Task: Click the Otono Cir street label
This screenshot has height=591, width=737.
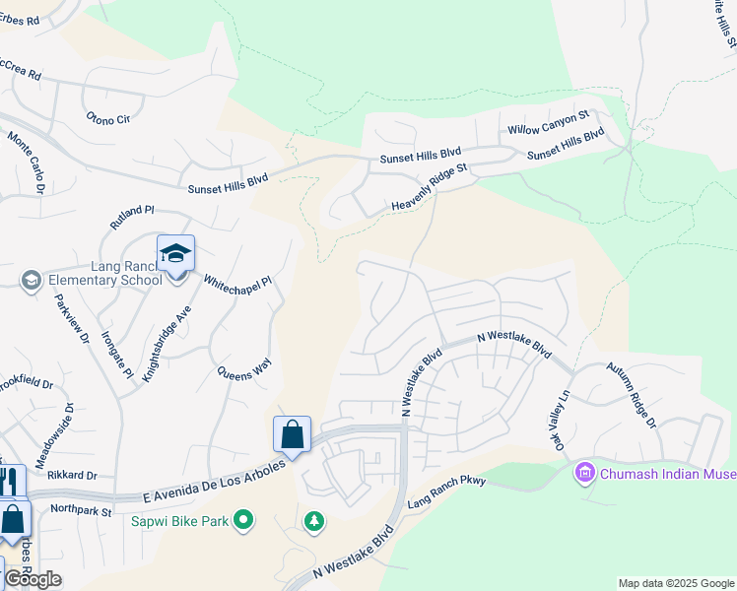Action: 108,119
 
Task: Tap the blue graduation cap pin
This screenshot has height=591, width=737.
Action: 175,255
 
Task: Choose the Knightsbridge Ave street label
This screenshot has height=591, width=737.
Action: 167,344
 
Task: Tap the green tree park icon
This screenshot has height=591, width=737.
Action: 314,520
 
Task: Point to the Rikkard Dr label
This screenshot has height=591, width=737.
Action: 72,475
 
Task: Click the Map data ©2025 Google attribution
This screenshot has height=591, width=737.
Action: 677,583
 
